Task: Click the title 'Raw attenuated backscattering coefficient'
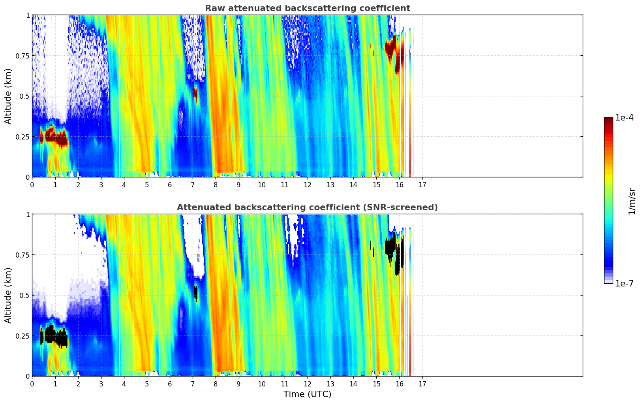pyautogui.click(x=307, y=8)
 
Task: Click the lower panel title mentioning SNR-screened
pyautogui.click(x=307, y=207)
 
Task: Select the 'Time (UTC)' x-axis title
pyautogui.click(x=307, y=394)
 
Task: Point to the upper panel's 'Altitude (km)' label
pyautogui.click(x=8, y=96)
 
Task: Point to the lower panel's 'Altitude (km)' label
pyautogui.click(x=8, y=295)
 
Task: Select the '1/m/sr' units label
pyautogui.click(x=632, y=201)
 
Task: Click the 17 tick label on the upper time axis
pyautogui.click(x=422, y=185)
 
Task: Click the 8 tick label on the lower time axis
pyautogui.click(x=216, y=384)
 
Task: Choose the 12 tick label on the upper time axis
pyautogui.click(x=308, y=185)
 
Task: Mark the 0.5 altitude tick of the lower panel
pyautogui.click(x=24, y=295)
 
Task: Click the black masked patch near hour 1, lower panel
pyautogui.click(x=55, y=336)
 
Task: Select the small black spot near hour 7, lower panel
pyautogui.click(x=195, y=292)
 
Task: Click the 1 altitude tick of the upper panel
pyautogui.click(x=28, y=15)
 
